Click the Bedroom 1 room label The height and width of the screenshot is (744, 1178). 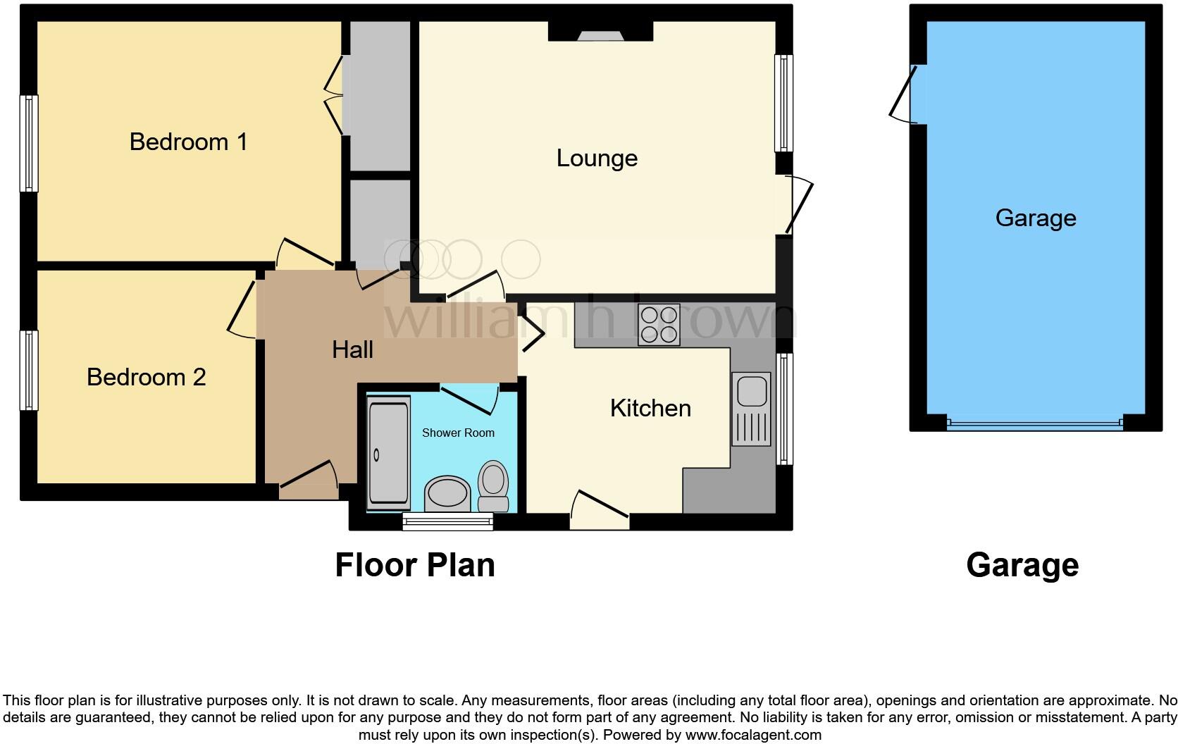click(x=188, y=142)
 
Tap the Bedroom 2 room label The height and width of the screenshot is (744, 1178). click(x=146, y=377)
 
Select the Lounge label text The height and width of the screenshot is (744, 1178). click(x=597, y=158)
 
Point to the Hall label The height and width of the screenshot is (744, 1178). click(x=352, y=349)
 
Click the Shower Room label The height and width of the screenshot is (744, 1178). click(x=458, y=433)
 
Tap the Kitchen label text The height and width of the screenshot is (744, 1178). click(x=650, y=408)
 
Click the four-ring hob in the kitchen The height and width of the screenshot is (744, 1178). click(x=659, y=324)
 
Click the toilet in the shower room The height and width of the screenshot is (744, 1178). click(x=493, y=486)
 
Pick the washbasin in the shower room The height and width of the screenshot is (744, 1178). click(x=447, y=492)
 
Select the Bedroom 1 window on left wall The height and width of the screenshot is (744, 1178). click(x=28, y=144)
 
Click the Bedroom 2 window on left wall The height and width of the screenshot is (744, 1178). click(x=28, y=371)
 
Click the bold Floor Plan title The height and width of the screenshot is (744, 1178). click(x=414, y=565)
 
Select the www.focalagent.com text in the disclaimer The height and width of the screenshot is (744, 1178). click(x=753, y=735)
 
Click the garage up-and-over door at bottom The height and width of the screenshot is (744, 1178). click(x=1034, y=423)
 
